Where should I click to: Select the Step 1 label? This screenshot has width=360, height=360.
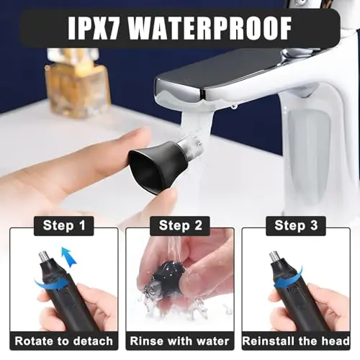coord(64,225)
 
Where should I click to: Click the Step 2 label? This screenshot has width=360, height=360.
coord(181,225)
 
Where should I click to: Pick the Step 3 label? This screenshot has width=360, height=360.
coord(296,225)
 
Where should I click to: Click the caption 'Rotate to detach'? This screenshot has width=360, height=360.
coord(63,341)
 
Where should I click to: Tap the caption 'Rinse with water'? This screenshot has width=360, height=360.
coord(179,341)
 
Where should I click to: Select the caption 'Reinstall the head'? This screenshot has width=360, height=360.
coord(296,341)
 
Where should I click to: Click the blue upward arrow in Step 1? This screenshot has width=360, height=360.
coord(69,257)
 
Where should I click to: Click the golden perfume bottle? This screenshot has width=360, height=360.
coord(78,84)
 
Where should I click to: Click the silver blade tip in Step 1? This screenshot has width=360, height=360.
coord(43,257)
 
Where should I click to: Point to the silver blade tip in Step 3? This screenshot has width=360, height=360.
coord(274,257)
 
